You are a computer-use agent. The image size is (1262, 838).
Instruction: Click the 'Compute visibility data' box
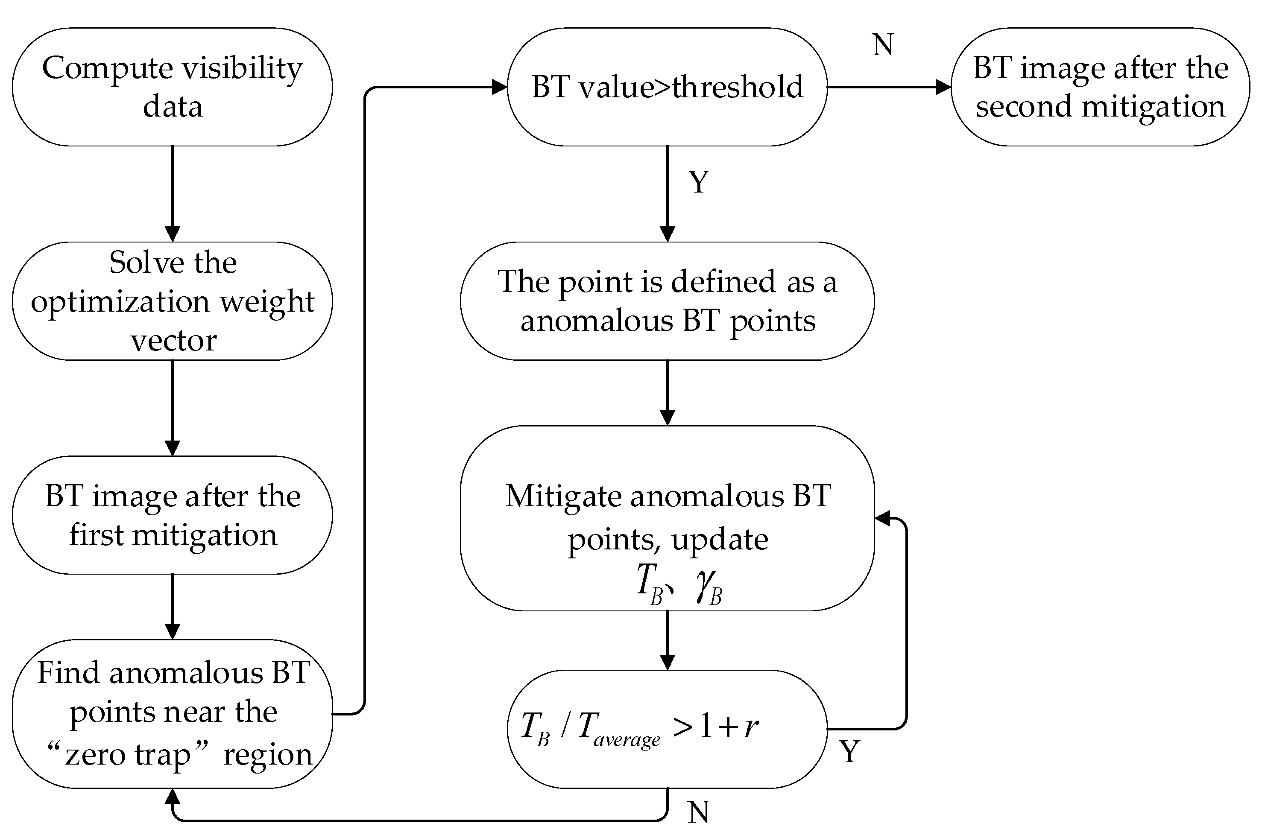[x=172, y=87]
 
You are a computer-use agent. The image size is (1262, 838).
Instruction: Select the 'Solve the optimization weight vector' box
[x=172, y=301]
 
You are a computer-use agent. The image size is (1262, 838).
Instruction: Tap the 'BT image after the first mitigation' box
[x=172, y=515]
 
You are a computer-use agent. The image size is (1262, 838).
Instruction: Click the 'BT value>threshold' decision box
[x=667, y=87]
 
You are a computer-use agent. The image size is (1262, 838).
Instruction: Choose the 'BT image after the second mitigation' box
[x=1100, y=87]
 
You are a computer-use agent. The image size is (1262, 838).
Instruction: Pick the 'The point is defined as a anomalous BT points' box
[x=667, y=301]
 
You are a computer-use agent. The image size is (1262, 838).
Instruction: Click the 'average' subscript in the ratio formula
[x=627, y=740]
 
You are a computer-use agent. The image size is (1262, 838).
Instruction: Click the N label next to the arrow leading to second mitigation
[x=882, y=45]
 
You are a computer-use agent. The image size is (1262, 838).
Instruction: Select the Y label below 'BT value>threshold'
[x=699, y=182]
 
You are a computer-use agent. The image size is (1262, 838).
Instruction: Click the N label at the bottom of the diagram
[x=699, y=812]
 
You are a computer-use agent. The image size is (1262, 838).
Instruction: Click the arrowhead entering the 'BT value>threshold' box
[x=499, y=87]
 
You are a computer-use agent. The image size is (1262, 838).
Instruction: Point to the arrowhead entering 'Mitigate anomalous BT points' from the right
[x=882, y=518]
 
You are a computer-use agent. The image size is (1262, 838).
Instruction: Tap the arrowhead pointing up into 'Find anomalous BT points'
[x=172, y=797]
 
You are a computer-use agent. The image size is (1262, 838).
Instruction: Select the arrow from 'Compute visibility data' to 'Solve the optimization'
[x=172, y=193]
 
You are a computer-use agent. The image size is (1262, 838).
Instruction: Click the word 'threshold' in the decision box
[x=738, y=87]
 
